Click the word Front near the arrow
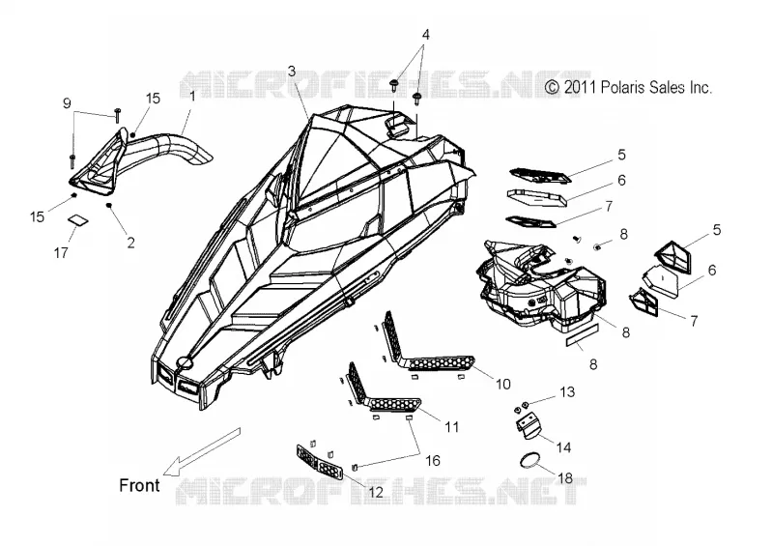[139, 485]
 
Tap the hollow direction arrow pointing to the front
[202, 452]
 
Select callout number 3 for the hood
[292, 72]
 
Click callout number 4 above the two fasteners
[425, 35]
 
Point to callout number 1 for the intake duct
[192, 96]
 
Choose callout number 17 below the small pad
[61, 252]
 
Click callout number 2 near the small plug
[130, 243]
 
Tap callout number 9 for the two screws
[67, 103]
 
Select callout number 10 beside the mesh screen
[502, 384]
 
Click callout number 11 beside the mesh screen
[451, 426]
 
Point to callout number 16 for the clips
[432, 461]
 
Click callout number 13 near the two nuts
[567, 392]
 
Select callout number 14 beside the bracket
[563, 447]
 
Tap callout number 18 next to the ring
[565, 478]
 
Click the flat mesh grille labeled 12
[319, 462]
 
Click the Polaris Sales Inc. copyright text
[629, 87]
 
